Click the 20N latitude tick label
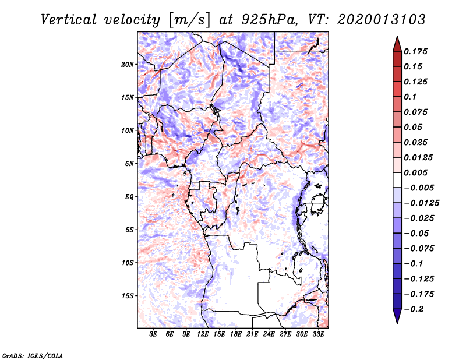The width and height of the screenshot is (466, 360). pos(128,64)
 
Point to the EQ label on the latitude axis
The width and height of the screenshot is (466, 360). pos(130,197)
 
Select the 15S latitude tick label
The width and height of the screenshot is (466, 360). pos(128,296)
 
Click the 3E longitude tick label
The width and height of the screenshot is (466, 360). pos(153,334)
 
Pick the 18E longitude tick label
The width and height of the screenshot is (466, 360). pos(236,334)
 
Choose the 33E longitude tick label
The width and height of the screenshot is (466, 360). pos(319,334)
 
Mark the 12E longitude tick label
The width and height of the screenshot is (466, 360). pos(203,334)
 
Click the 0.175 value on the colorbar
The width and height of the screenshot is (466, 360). pos(416,51)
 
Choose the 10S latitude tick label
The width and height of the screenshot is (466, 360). pos(128,263)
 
